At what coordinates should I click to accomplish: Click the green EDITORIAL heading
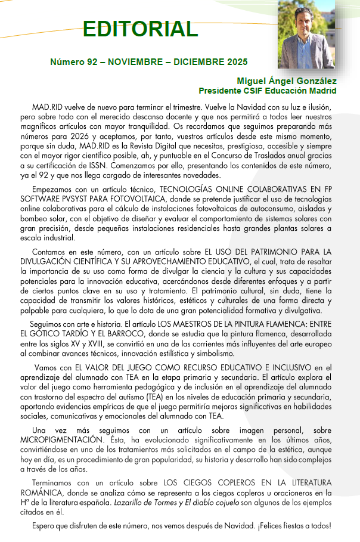[140, 28]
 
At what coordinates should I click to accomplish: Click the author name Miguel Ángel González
[287, 81]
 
